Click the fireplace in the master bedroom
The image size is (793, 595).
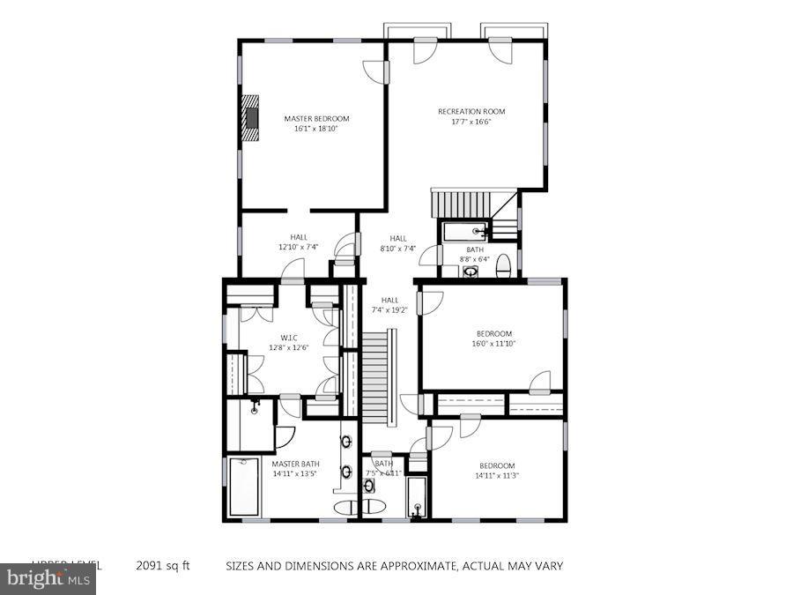click(x=253, y=117)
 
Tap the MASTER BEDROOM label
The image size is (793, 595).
click(x=316, y=118)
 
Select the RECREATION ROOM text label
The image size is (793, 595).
click(x=471, y=111)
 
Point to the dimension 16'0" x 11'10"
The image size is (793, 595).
click(x=494, y=344)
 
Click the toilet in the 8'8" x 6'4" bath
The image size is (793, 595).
click(x=503, y=265)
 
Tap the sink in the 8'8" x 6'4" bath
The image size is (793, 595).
click(x=471, y=271)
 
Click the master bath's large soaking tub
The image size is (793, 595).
click(x=244, y=486)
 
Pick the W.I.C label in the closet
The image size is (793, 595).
click(x=289, y=337)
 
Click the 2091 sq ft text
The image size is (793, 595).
click(x=162, y=566)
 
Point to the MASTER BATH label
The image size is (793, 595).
click(x=295, y=464)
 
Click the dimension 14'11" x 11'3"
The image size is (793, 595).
click(x=498, y=476)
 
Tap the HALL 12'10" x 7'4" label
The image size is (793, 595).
click(x=299, y=242)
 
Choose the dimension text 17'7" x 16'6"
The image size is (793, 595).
click(x=471, y=122)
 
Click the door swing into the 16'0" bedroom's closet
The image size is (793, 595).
click(x=540, y=382)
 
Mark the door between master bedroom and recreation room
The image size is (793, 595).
click(x=376, y=72)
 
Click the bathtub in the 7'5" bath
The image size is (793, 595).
click(x=416, y=498)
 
